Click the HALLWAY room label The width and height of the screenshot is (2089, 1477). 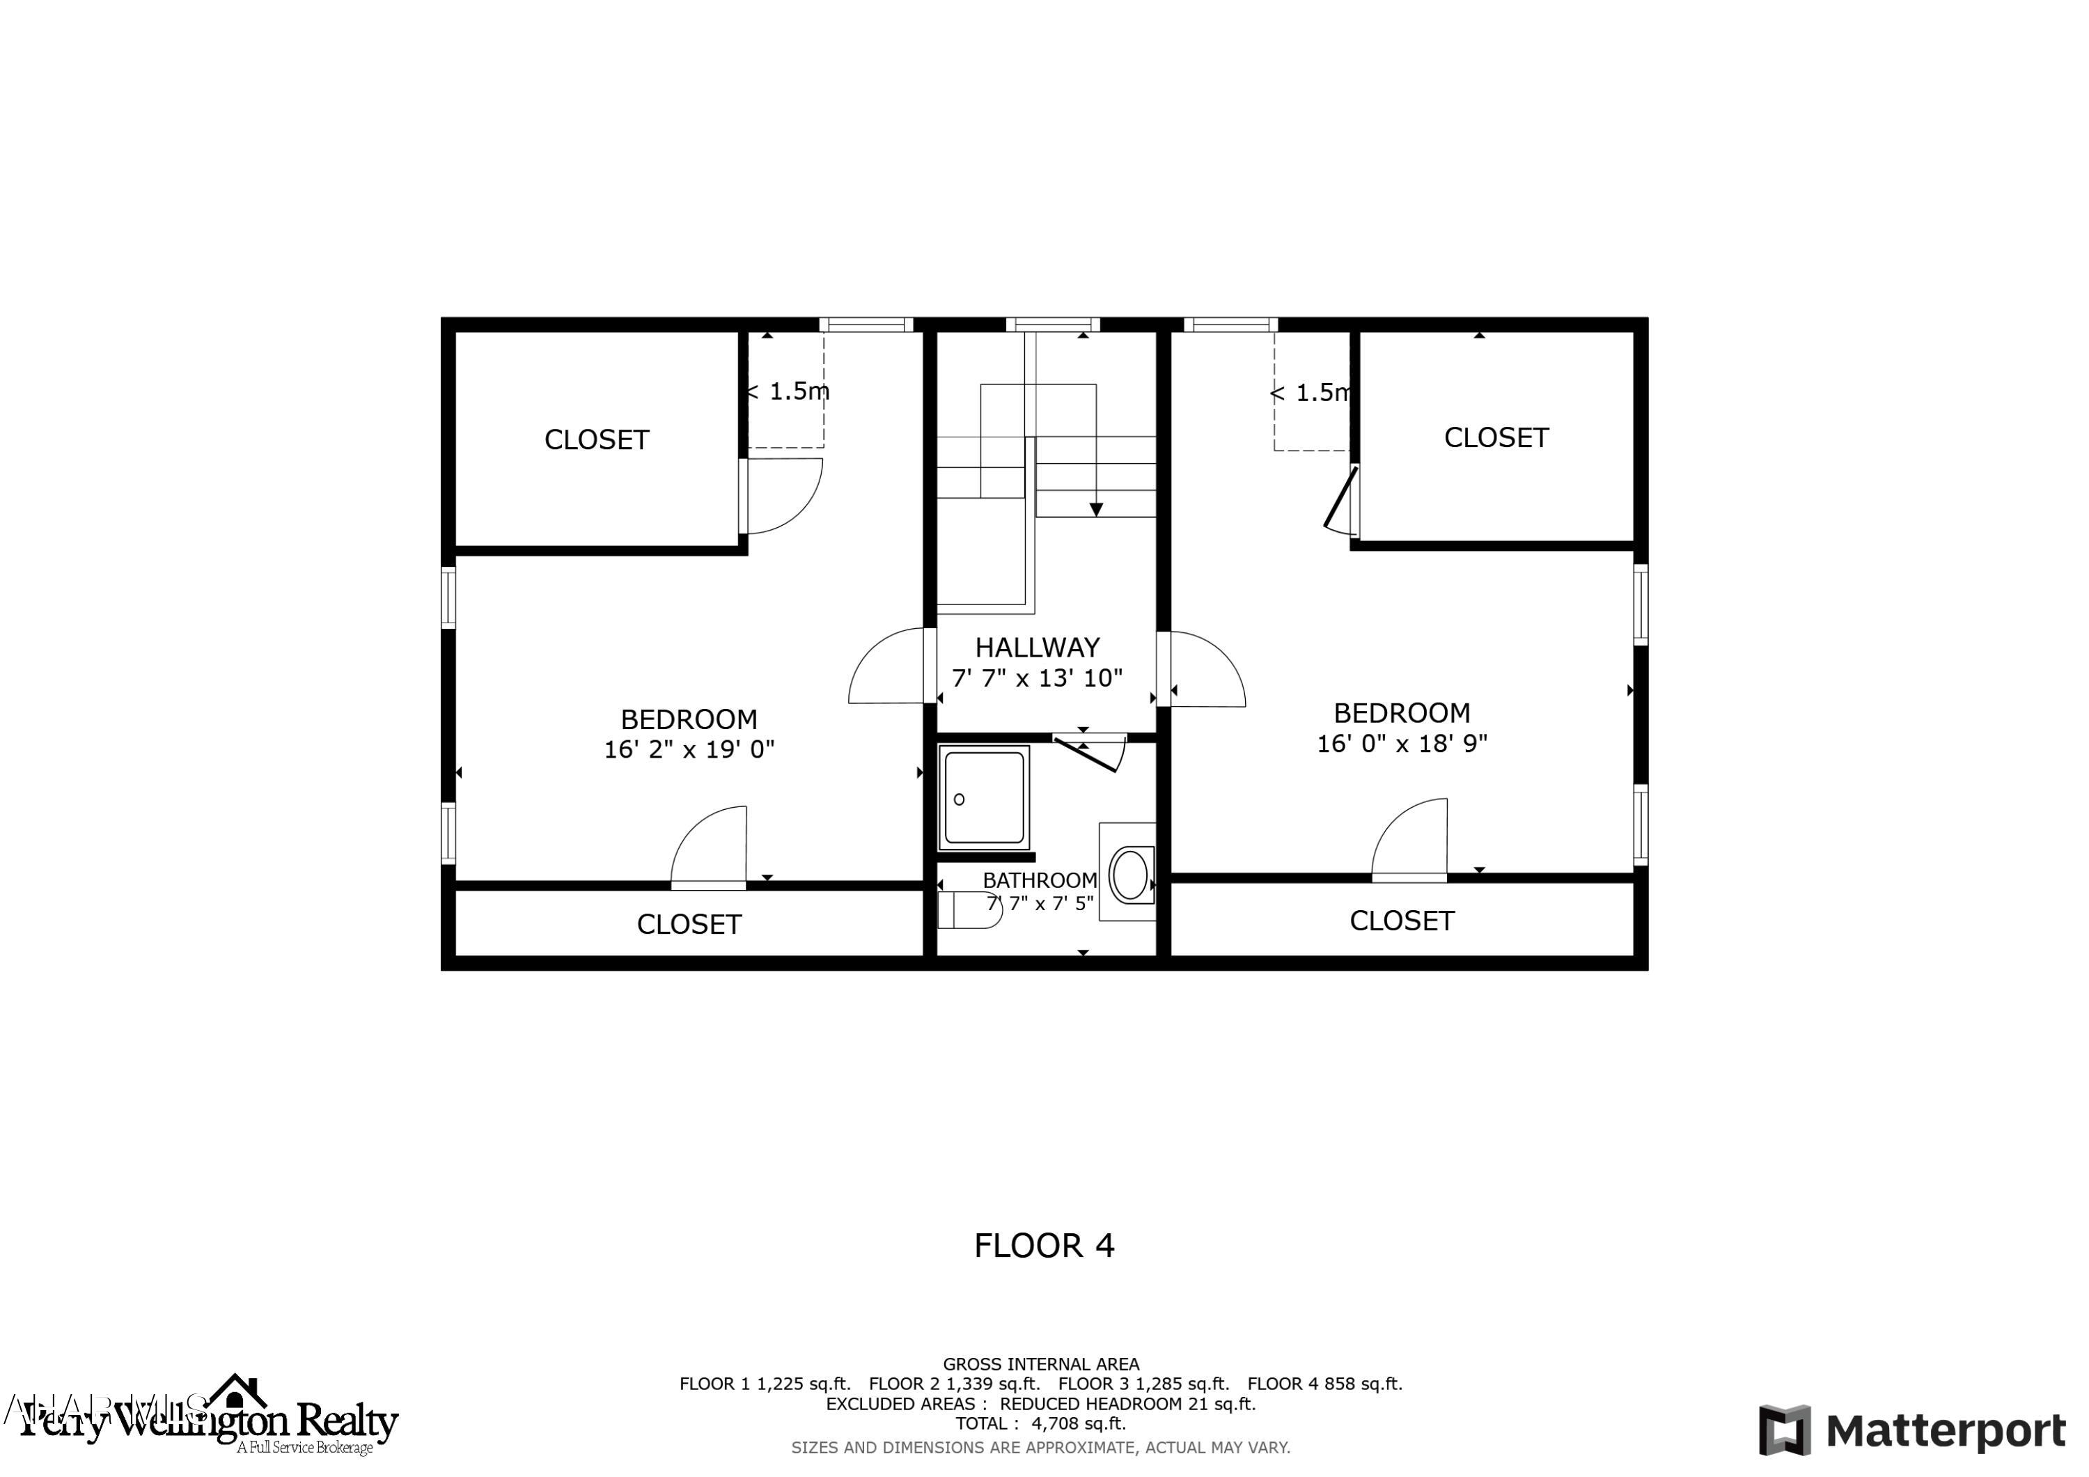click(1038, 647)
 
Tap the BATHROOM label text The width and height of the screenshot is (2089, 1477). click(1039, 880)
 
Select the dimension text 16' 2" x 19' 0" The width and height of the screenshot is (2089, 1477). click(689, 749)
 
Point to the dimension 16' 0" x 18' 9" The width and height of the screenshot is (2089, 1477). click(1401, 744)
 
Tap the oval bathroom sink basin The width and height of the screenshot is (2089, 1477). click(1130, 874)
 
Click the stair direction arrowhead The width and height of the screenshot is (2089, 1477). click(1095, 510)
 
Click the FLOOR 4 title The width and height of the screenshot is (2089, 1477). click(1044, 1246)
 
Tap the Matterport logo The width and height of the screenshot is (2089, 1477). click(1911, 1430)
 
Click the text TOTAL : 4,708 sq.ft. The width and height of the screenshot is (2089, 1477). click(1040, 1423)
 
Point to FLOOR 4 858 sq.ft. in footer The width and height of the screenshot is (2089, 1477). click(1324, 1384)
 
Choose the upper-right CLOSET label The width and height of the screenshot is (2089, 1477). click(1496, 438)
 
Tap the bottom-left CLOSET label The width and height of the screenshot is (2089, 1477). click(689, 925)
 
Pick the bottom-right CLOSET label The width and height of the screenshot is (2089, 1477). click(1401, 921)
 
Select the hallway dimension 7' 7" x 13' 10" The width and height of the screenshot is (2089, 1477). click(1038, 678)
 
